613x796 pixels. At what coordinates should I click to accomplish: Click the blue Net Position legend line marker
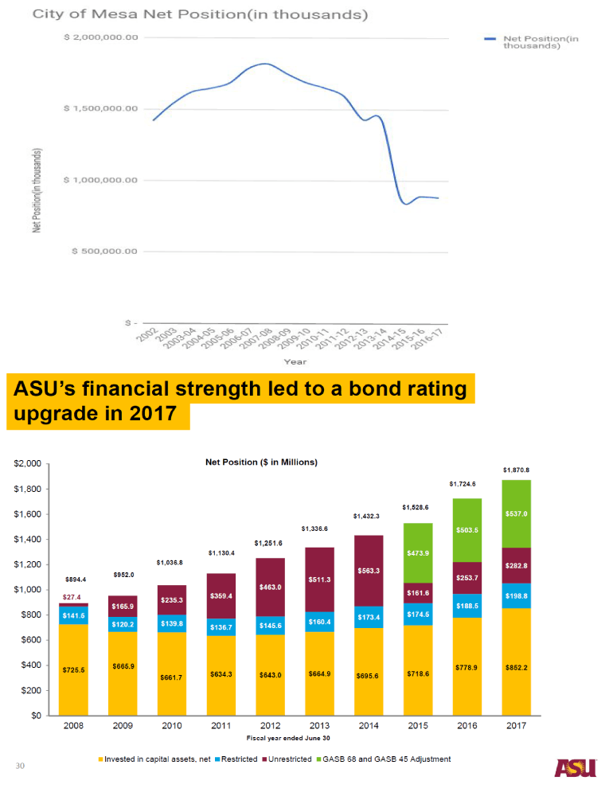[x=490, y=37]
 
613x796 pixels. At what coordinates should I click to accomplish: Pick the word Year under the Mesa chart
[x=296, y=362]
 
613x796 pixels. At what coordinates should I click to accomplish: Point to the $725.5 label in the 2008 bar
[x=73, y=669]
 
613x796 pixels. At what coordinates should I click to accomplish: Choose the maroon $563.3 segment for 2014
[x=369, y=571]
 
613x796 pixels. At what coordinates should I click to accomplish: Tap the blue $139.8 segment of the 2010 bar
[x=172, y=623]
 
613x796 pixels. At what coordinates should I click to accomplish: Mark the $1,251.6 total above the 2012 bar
[x=269, y=544]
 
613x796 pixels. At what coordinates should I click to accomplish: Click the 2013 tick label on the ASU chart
[x=319, y=726]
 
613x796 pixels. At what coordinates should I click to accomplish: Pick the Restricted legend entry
[x=235, y=759]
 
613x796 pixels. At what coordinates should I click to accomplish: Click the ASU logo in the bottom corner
[x=576, y=767]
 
